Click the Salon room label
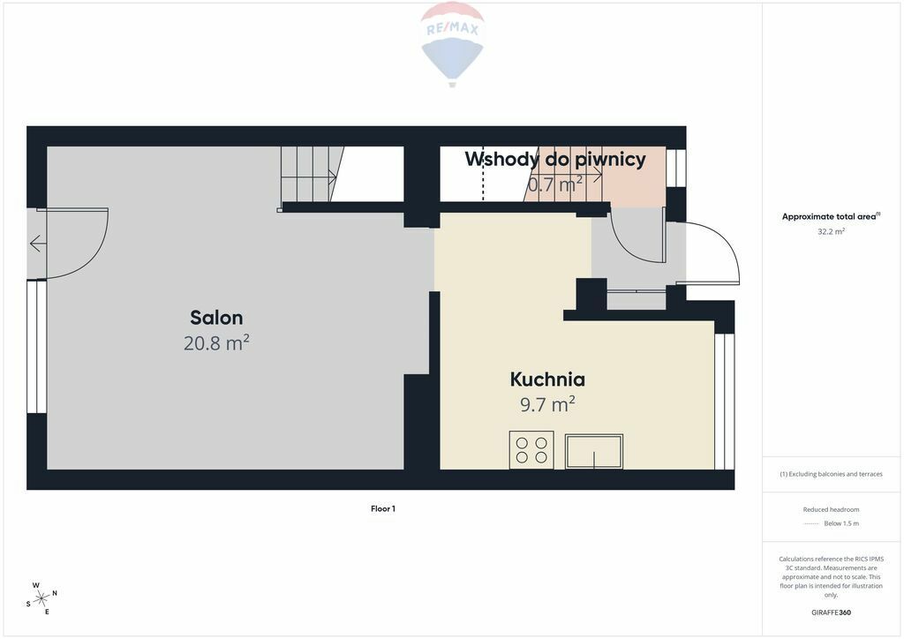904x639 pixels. (x=216, y=318)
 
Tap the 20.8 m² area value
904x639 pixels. (x=216, y=342)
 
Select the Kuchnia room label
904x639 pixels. (x=547, y=380)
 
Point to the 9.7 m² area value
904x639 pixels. (x=547, y=404)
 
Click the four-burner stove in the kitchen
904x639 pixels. (x=531, y=449)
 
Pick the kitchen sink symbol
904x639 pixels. (x=594, y=451)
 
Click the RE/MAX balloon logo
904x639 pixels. (x=453, y=44)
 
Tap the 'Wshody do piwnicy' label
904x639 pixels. (x=555, y=159)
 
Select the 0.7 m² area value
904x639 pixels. (x=555, y=184)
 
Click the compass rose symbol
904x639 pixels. (x=41, y=599)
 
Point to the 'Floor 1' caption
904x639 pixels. (x=383, y=508)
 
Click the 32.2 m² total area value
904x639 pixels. (x=831, y=231)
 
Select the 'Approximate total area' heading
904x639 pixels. (x=831, y=216)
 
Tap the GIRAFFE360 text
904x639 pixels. (x=831, y=613)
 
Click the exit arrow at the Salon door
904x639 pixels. (x=38, y=244)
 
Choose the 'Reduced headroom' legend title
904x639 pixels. (x=831, y=509)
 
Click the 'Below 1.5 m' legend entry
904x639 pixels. (x=841, y=523)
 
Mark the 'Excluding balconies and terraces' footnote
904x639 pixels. (x=831, y=474)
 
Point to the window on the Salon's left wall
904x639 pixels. (x=37, y=346)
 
